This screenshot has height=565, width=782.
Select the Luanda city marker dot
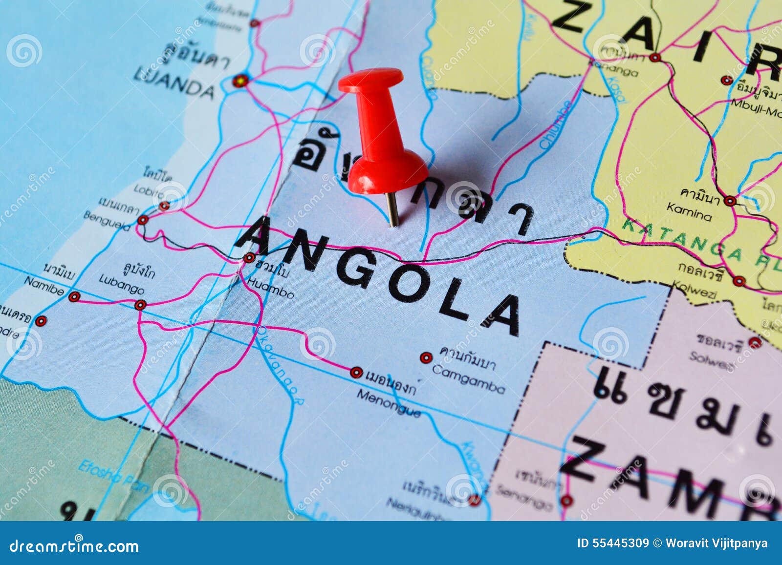point(240,81)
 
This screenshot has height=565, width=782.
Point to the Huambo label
point(270,288)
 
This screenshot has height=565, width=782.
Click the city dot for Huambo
point(249,258)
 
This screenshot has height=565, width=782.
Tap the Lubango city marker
point(141,305)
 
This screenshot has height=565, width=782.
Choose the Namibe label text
point(44,286)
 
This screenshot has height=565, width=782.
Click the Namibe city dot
point(74,297)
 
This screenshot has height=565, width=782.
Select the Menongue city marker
point(356,373)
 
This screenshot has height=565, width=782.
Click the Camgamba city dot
point(426,358)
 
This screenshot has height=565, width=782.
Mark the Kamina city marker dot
point(730,201)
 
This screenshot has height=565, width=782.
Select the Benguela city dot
point(142,220)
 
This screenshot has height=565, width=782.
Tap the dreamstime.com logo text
point(74,545)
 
